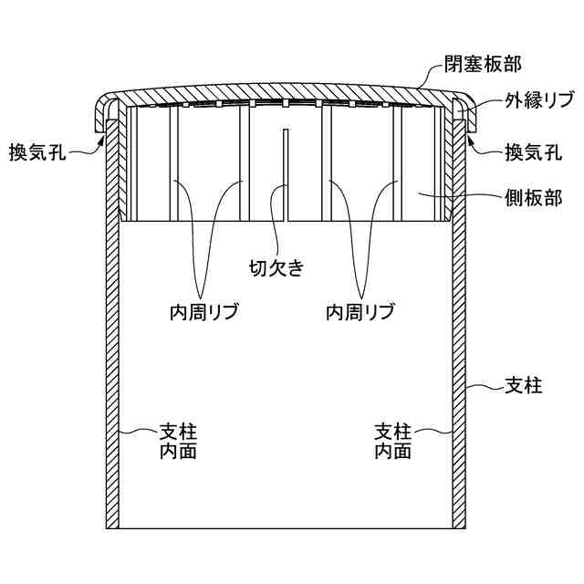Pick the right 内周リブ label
click(x=360, y=312)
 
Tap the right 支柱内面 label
click(x=393, y=440)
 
